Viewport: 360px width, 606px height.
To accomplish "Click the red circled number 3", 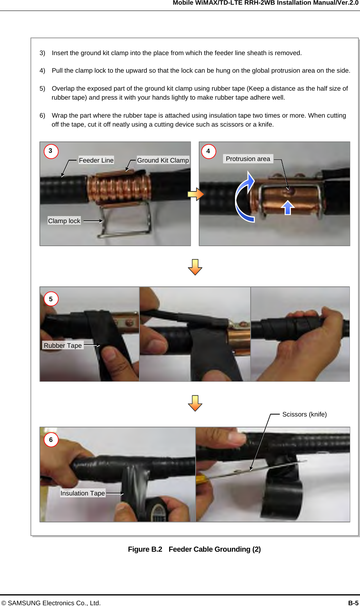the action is [x=51, y=151].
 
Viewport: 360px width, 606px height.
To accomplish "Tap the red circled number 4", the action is [x=209, y=151].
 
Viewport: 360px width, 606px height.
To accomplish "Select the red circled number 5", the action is [x=51, y=299].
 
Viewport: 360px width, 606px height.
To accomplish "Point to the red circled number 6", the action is [x=51, y=440].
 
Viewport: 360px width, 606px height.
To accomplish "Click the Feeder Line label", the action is [x=96, y=160].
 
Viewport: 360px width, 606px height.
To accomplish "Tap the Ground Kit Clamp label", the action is [x=163, y=160].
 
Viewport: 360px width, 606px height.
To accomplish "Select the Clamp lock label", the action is [x=64, y=221].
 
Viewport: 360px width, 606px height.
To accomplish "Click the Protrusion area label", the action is [x=248, y=159].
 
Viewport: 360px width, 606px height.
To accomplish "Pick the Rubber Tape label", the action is [x=63, y=345].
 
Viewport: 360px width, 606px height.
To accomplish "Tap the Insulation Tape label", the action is [x=83, y=493].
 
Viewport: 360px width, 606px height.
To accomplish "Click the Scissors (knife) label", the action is [x=305, y=415].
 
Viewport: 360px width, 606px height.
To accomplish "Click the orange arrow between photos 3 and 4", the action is [x=196, y=194].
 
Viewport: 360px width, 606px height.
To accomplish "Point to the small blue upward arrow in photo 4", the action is [x=287, y=207].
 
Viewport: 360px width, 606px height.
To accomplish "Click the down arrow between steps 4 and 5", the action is [x=195, y=267].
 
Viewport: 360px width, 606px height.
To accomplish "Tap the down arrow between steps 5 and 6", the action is [x=195, y=403].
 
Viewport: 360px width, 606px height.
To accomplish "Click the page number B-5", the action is [x=353, y=603].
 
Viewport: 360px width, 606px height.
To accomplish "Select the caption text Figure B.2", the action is [x=145, y=549].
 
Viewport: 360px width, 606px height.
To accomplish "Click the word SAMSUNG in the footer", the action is [x=24, y=603].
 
